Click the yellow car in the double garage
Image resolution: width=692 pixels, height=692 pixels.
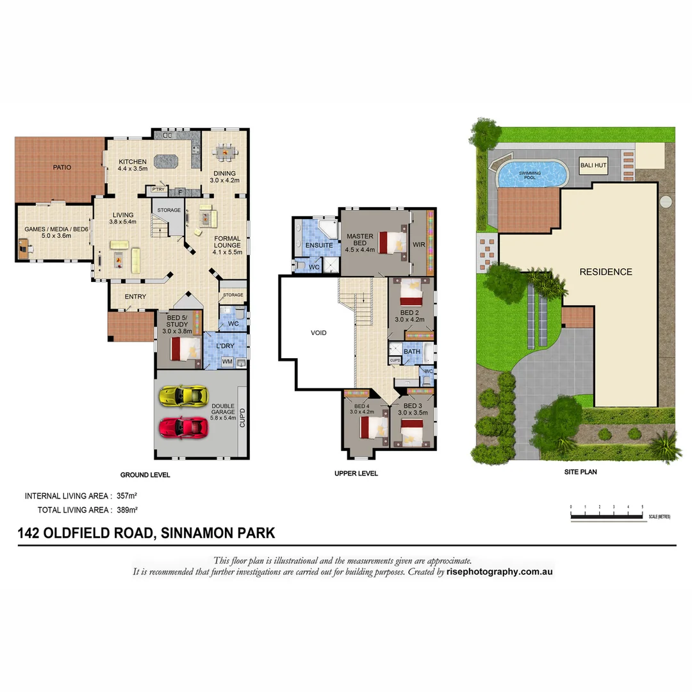coord(183,395)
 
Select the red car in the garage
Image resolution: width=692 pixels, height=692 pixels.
coord(183,426)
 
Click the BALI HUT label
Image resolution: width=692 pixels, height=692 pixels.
coord(593,166)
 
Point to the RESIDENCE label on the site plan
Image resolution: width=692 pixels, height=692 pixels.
coord(605,272)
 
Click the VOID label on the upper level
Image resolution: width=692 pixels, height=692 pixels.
coord(318,333)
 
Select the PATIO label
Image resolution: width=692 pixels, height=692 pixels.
coord(62,167)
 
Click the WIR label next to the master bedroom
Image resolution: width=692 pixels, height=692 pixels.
coord(419,245)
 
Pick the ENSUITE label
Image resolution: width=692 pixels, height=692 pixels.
coord(318,245)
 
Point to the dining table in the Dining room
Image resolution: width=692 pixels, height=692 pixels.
coord(224,153)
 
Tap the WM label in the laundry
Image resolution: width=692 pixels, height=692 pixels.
coord(227,363)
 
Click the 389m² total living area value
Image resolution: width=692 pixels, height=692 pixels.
coord(127,510)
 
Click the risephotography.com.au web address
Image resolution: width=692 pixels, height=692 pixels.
coord(499,572)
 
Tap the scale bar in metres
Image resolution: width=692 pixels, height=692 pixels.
coord(606,516)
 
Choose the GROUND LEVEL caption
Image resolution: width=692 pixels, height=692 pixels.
coord(145,475)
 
